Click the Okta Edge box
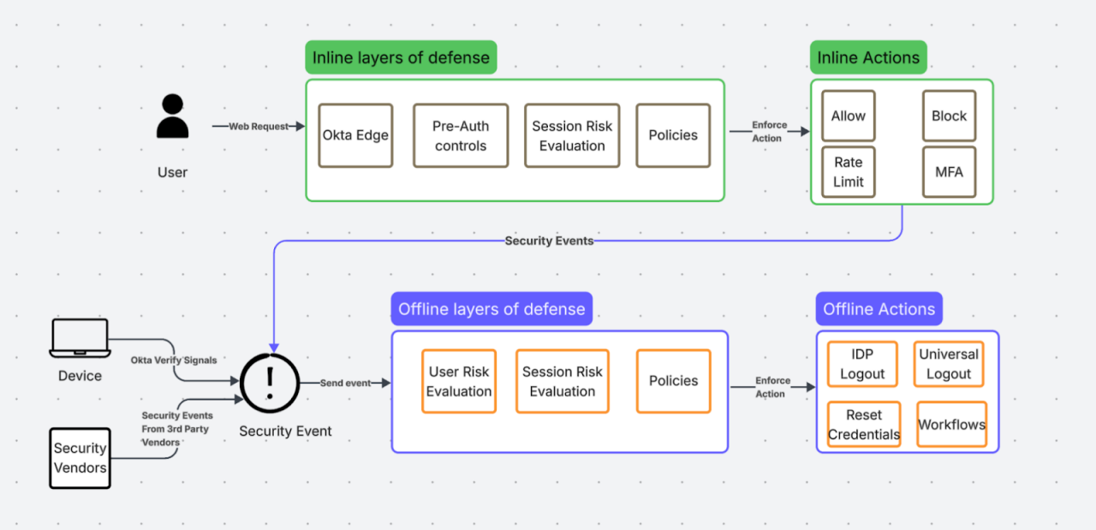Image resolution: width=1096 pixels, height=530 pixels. [x=355, y=135]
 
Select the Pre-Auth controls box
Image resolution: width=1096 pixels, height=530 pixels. [x=461, y=135]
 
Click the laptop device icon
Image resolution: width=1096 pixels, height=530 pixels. [x=80, y=338]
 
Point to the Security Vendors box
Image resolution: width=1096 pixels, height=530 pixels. [x=80, y=458]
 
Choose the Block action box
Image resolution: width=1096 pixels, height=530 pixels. [x=949, y=116]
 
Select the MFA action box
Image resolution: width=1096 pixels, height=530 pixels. [x=949, y=171]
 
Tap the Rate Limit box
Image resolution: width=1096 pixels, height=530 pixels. [x=849, y=171]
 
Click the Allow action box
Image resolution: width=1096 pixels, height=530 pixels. [x=849, y=116]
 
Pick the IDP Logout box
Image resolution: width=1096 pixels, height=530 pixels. [x=862, y=364]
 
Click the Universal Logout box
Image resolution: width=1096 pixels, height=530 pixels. [x=949, y=364]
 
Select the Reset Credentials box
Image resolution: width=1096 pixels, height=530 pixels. [x=864, y=425]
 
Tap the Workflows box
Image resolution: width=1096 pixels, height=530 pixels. [x=951, y=425]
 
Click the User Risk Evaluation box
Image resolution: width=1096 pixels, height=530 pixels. [x=459, y=381]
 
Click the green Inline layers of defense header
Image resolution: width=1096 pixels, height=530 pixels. [x=401, y=58]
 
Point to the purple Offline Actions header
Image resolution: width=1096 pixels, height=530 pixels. [x=879, y=309]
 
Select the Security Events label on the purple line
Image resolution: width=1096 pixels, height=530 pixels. [x=549, y=241]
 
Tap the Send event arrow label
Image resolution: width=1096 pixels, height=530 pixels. [x=345, y=383]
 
